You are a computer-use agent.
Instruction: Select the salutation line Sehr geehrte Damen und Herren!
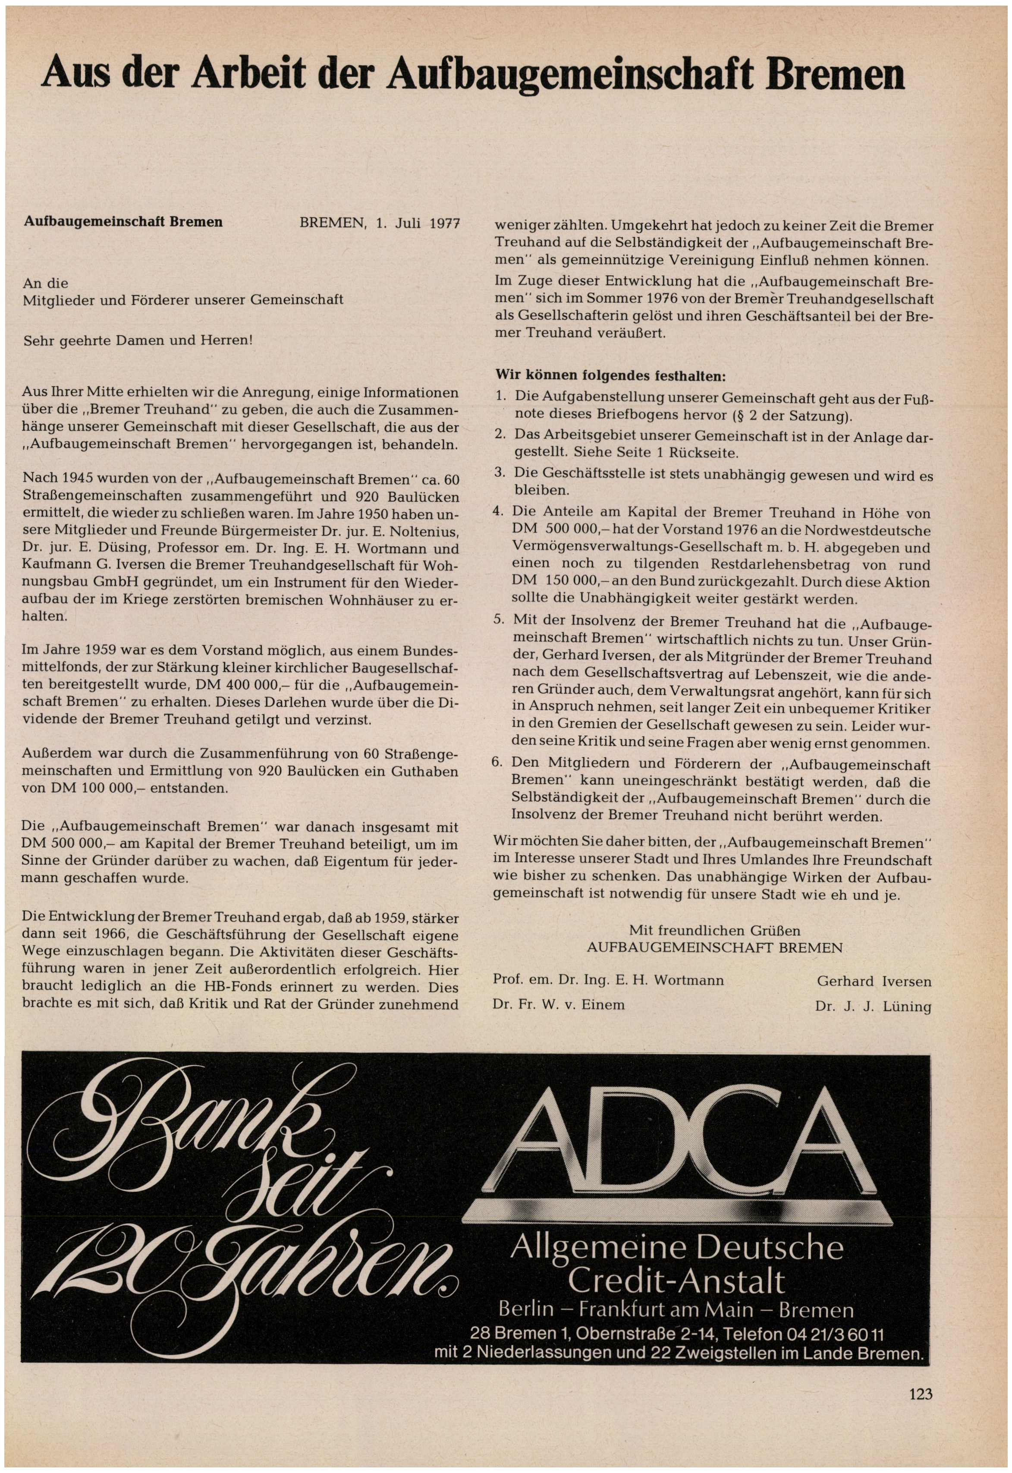click(x=138, y=340)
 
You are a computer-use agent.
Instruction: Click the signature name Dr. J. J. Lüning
click(x=873, y=1006)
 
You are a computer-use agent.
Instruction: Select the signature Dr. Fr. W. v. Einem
click(x=559, y=1004)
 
